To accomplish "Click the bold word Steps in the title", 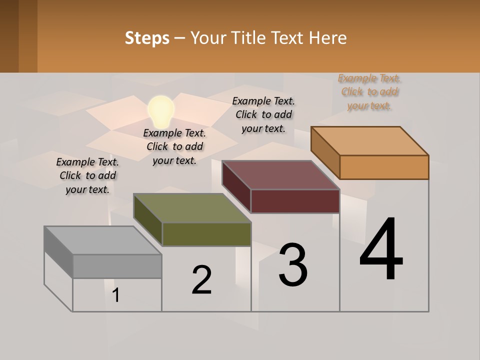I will coord(147,38).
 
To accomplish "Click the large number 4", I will coord(381,250).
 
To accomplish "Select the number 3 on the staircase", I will coord(293,265).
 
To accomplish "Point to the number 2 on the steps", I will coord(202,280).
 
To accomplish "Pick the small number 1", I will coord(116,295).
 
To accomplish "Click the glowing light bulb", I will coord(161,111).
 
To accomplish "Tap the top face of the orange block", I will coord(370,141).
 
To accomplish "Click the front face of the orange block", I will coord(384,167).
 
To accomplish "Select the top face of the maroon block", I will coord(281,175).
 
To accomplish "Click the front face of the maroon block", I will coord(295,201).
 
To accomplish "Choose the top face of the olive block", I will coord(192,208).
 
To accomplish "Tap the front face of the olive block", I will coord(206,234).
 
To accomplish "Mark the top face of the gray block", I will coord(102,240).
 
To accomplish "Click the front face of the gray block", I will coord(117,266).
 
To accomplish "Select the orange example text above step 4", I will coord(369,92).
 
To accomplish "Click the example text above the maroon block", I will coord(263,114).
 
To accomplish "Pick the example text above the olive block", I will coord(174,146).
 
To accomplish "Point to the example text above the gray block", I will coord(87,175).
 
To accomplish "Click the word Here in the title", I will coord(328,38).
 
